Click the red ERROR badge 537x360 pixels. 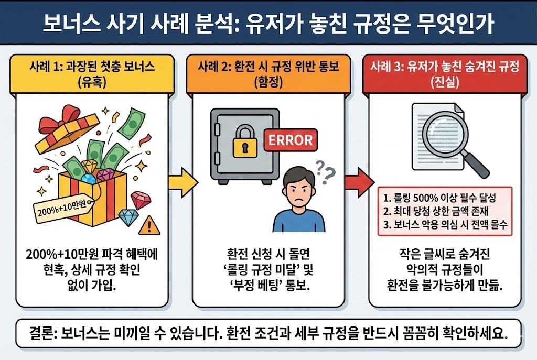290,140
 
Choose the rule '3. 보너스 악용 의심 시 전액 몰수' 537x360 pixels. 447,226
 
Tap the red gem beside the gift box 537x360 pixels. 141,199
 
